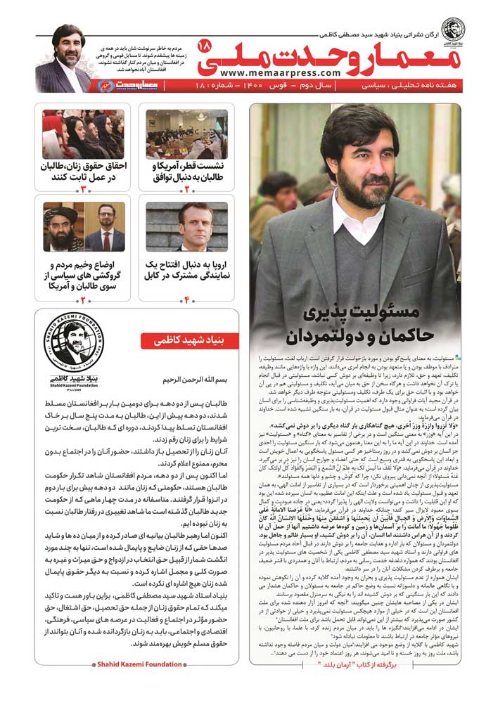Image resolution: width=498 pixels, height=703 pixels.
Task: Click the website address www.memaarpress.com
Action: point(279,72)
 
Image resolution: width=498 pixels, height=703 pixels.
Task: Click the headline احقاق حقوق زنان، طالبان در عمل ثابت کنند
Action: point(82,171)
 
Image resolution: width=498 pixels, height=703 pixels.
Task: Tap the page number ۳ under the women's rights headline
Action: point(82,188)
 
